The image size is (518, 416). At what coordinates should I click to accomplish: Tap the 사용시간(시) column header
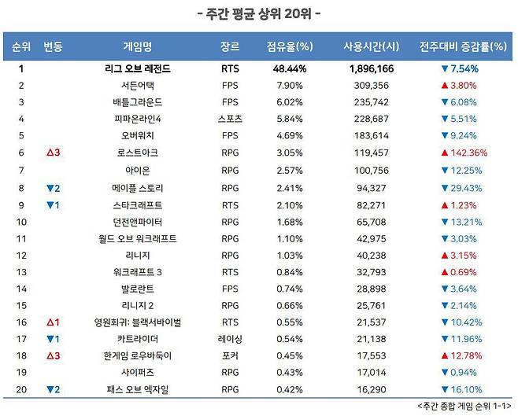point(369,46)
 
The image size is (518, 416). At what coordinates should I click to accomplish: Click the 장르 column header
point(231,46)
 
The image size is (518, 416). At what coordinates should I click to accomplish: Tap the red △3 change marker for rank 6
point(53,153)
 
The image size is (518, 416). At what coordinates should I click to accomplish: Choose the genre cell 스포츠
point(231,119)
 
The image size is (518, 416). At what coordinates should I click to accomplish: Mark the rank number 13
point(21,271)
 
